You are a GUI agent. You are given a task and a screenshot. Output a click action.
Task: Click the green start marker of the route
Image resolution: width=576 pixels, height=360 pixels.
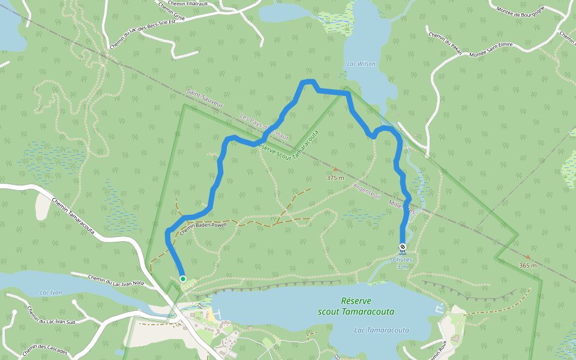coord(182,278)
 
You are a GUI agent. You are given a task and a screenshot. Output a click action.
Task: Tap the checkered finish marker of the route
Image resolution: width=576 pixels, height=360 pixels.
coord(403,247)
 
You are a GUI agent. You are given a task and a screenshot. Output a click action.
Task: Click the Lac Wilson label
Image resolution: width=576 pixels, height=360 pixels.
coord(361,64)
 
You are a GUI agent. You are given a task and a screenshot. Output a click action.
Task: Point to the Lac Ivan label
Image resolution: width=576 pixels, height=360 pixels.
coord(50,292)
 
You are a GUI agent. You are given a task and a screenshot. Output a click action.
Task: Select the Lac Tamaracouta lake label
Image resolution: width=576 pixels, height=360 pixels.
coord(382,330)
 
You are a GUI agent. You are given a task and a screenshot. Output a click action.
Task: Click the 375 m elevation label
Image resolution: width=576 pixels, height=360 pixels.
coord(335,178)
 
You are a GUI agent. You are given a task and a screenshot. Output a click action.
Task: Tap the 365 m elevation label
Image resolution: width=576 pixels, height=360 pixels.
coord(528,265)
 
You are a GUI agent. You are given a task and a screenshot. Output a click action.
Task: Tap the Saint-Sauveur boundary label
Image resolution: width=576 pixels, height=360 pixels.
coord(205,100)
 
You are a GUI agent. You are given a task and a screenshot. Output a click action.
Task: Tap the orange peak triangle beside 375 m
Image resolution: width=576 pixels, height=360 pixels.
coord(335,169)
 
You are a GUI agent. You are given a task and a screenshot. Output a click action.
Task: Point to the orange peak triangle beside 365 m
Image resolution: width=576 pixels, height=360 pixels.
coord(528,257)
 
